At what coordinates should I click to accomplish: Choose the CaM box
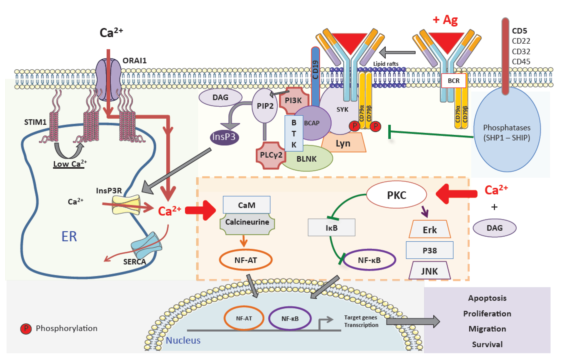coord(248,204)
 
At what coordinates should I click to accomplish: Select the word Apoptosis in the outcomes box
coord(492,298)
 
